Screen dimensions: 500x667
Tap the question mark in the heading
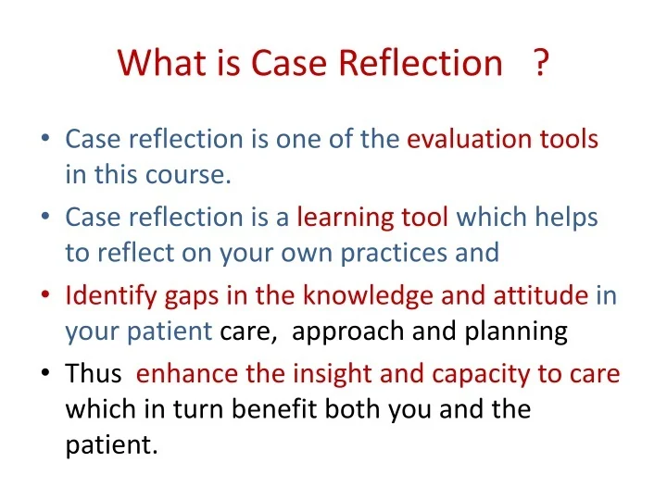(541, 63)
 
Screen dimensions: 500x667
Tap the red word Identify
(103, 295)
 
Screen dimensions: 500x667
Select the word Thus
(94, 373)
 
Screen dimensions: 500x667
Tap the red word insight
(322, 373)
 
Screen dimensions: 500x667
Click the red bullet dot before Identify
(45, 296)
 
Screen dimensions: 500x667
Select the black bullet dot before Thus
(45, 374)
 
